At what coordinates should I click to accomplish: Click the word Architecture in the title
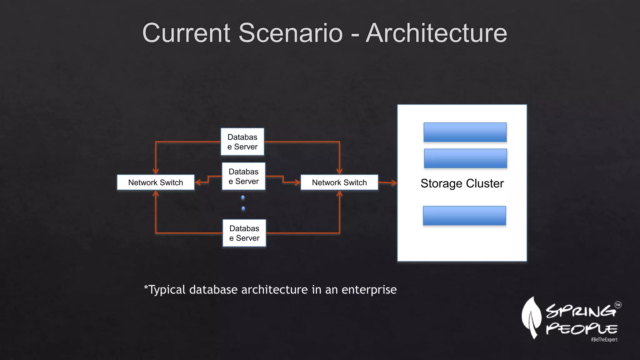[x=436, y=33]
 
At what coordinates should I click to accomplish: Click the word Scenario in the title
[x=291, y=33]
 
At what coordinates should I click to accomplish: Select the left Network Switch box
[x=156, y=182]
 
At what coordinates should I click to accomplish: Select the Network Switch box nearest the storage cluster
[x=339, y=182]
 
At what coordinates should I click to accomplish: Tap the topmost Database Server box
[x=242, y=142]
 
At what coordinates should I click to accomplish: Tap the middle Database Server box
[x=244, y=176]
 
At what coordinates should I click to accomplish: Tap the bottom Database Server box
[x=244, y=233]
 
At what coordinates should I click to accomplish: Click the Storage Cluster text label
[x=462, y=183]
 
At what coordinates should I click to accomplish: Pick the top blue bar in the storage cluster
[x=465, y=132]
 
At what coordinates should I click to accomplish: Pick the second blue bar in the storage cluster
[x=465, y=158]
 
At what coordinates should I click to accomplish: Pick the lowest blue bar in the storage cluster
[x=464, y=216]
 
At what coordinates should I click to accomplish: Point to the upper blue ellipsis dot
[x=243, y=197]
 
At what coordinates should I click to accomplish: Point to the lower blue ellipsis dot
[x=243, y=208]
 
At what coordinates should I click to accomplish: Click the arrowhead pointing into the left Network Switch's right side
[x=197, y=182]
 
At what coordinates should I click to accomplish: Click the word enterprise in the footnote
[x=369, y=290]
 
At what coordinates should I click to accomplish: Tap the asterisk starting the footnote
[x=146, y=287]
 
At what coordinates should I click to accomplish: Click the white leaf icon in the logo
[x=532, y=317]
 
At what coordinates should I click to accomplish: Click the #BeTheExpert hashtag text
[x=604, y=339]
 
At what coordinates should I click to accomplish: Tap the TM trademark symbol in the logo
[x=618, y=305]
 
